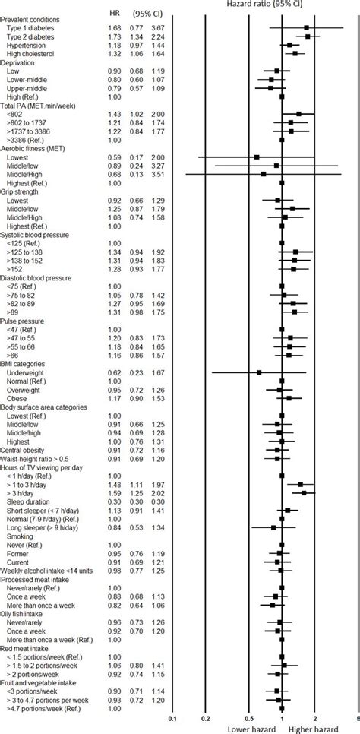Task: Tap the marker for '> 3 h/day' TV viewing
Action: [x=305, y=493]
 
